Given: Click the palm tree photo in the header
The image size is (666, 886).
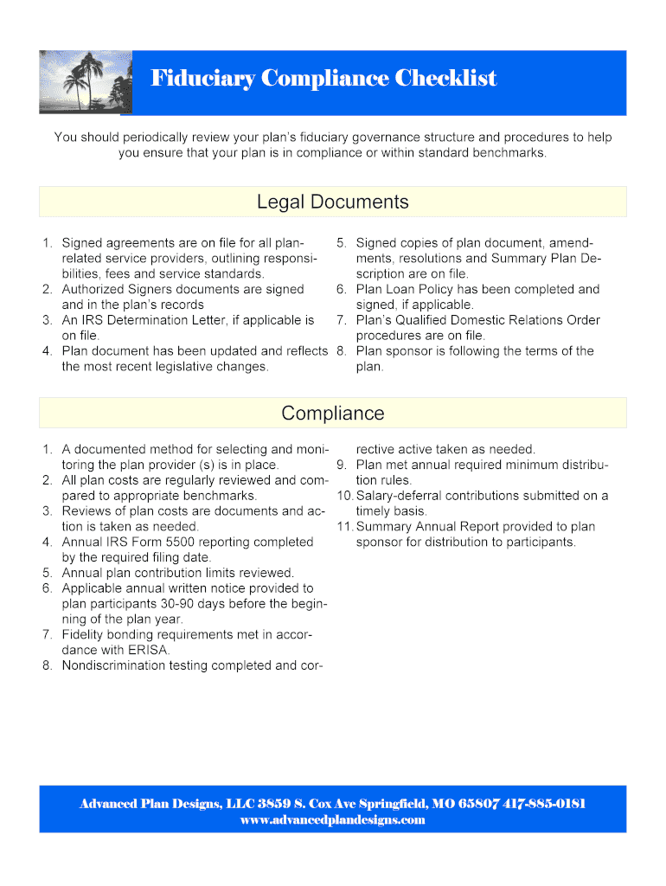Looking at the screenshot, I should coord(86,82).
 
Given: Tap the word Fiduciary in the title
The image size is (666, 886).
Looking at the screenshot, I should coord(203,79).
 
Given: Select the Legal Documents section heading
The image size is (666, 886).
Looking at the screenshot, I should coord(332,202).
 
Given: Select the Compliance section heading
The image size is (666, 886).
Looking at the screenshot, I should coord(332,414).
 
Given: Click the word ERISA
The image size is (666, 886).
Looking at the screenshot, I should coord(149,650).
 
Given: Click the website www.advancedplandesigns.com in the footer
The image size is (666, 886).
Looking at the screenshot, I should coord(332,819).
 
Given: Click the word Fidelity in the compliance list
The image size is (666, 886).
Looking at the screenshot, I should coord(86,634).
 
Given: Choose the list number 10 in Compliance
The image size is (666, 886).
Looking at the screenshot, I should coord(345,496).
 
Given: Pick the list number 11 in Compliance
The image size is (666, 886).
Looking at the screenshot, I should coord(345,526).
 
